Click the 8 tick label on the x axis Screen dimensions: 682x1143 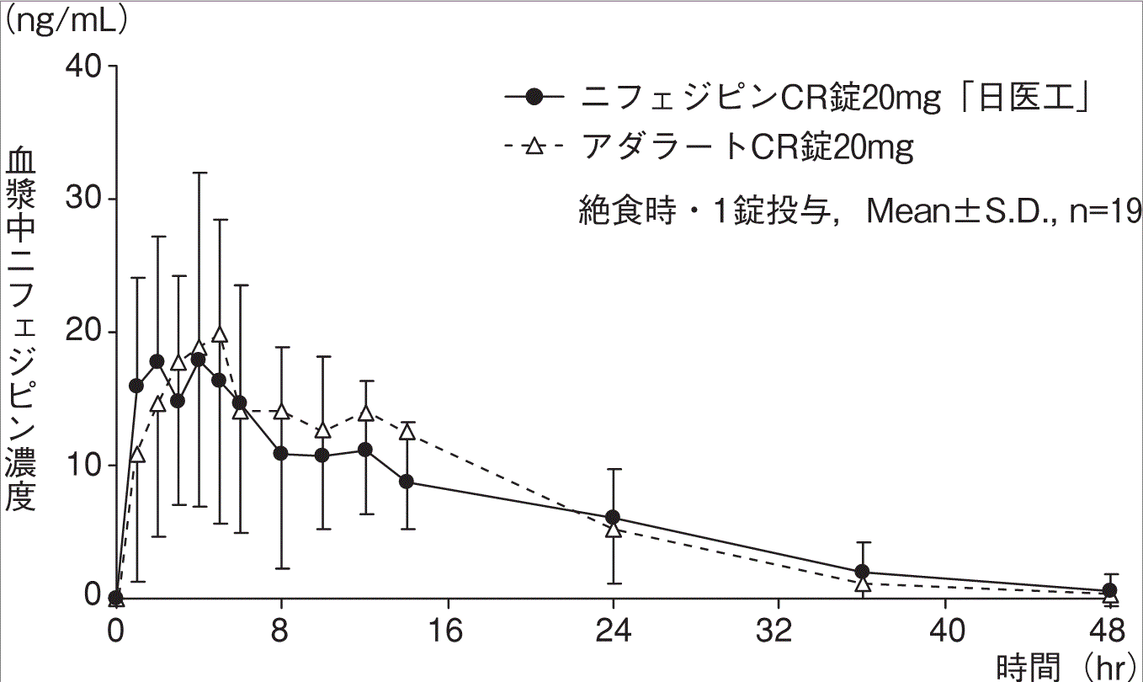tap(281, 631)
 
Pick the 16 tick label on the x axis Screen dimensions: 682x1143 tap(447, 631)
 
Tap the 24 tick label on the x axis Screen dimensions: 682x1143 tap(613, 631)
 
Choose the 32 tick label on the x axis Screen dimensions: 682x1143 tap(779, 631)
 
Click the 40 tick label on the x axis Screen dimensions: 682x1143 tap(944, 631)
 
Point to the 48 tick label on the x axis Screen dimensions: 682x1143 tap(1110, 631)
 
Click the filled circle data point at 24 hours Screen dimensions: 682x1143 tap(613, 517)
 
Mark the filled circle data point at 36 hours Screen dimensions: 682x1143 tap(862, 572)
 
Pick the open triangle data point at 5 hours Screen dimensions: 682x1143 tap(220, 334)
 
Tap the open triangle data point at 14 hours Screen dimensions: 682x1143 tap(407, 431)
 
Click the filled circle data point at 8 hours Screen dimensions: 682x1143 tap(281, 454)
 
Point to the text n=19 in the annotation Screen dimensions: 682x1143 tap(1108, 210)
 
